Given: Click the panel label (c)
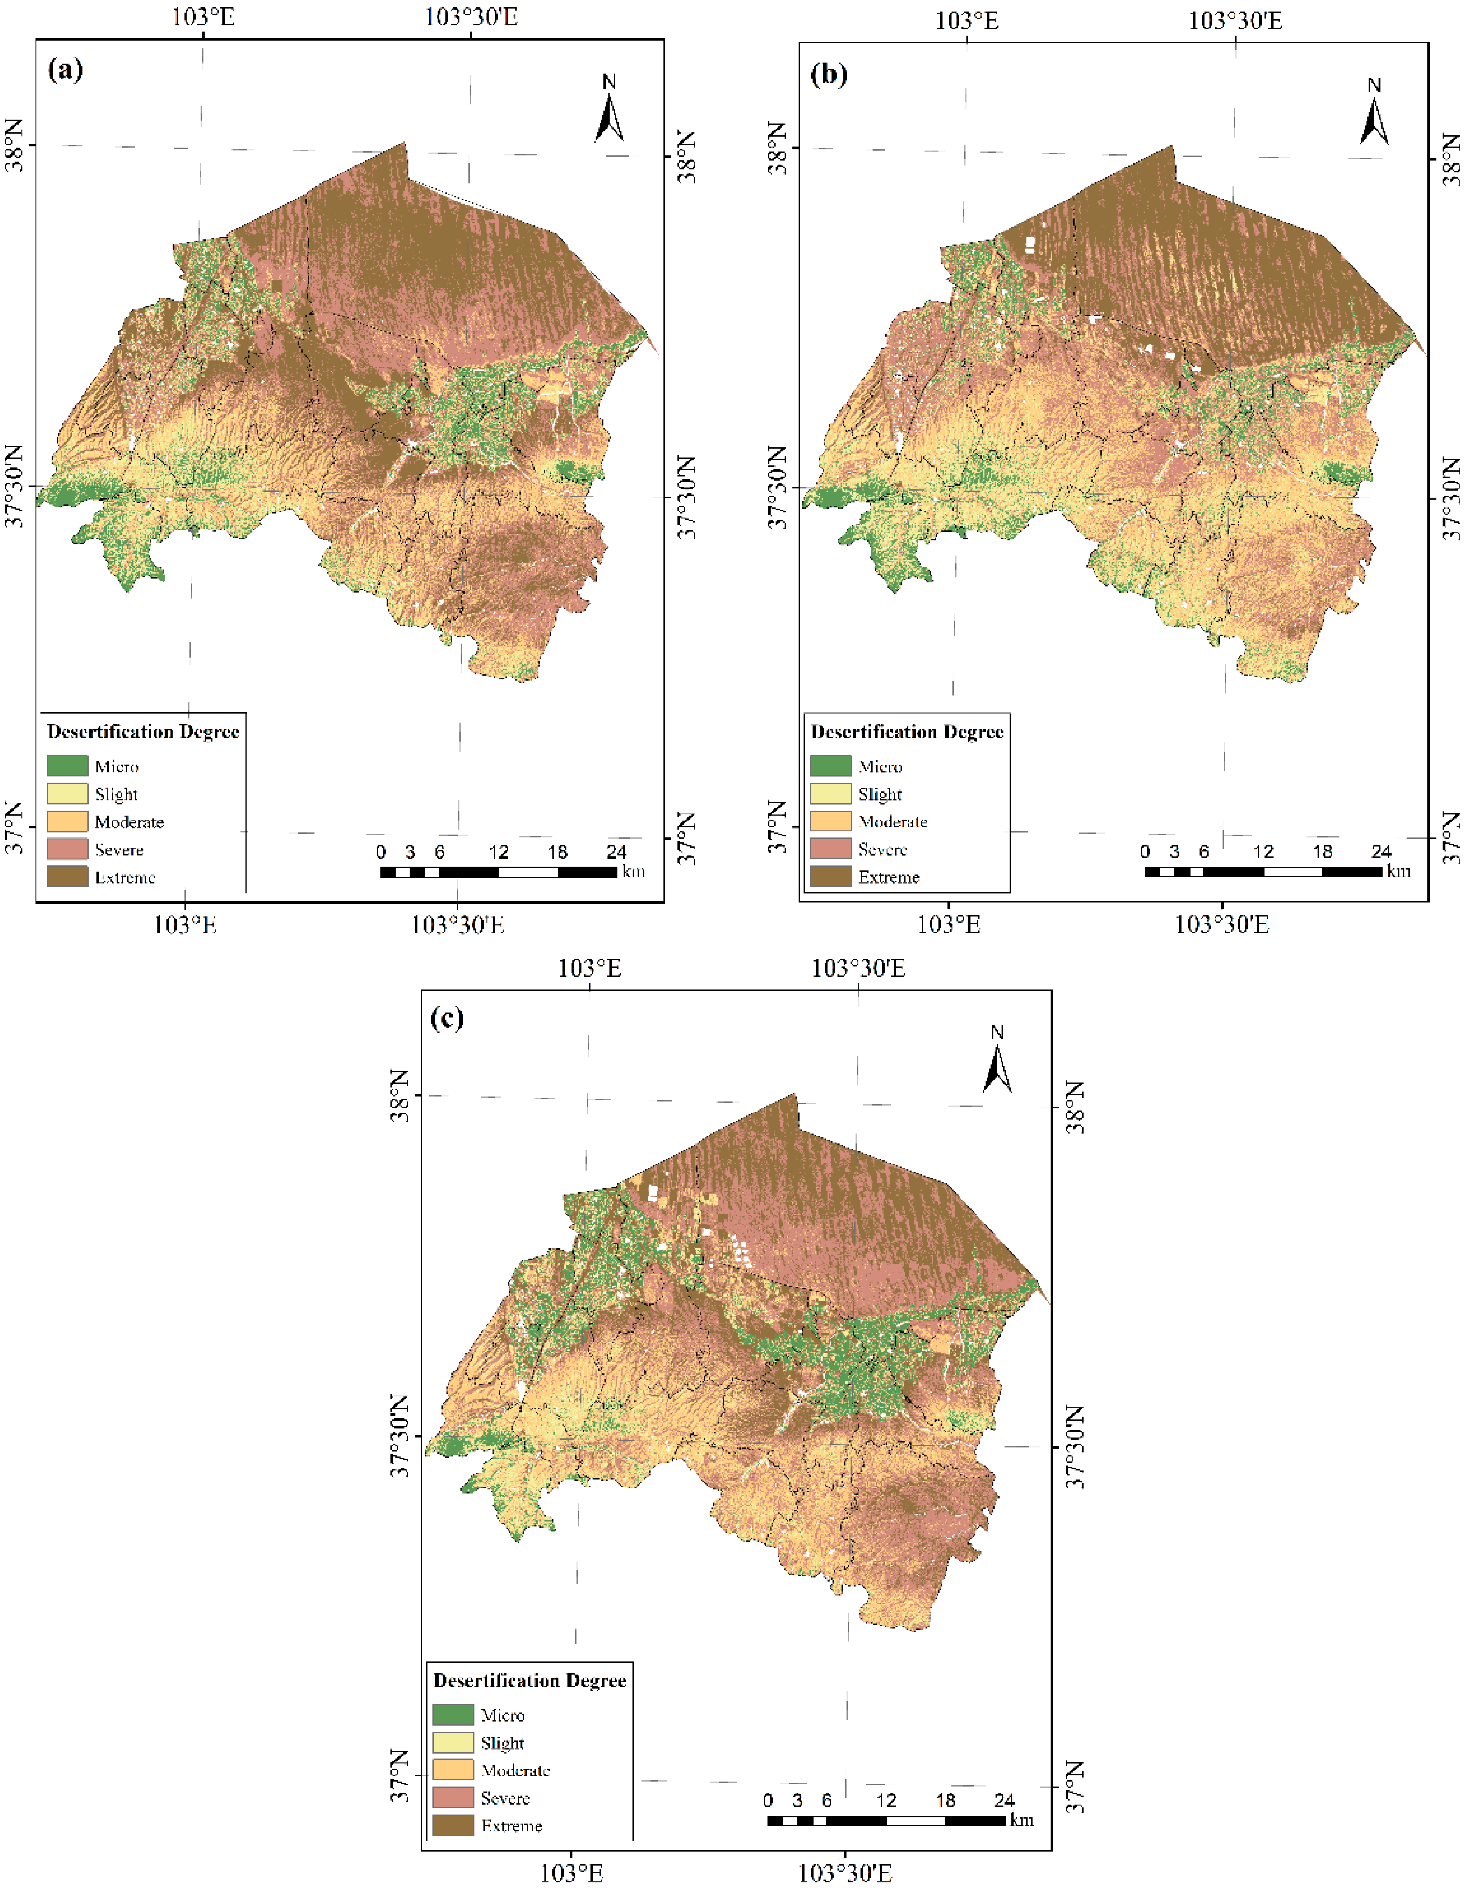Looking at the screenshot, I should tap(447, 1017).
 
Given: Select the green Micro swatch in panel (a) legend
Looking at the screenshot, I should tap(67, 765).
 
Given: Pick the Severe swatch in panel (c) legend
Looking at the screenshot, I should tap(453, 1798).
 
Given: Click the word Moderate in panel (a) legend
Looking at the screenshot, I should tap(129, 822).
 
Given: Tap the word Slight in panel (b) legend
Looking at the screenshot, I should tap(880, 794).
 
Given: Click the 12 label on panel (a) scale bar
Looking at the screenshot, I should tap(499, 852).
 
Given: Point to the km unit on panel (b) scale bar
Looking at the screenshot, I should tap(1398, 871).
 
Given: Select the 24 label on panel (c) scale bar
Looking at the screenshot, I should tap(1004, 1800).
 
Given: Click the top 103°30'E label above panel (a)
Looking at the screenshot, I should tap(471, 17).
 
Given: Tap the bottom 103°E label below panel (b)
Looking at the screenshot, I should tap(950, 925).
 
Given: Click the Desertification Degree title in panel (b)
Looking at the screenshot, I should tap(907, 732).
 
